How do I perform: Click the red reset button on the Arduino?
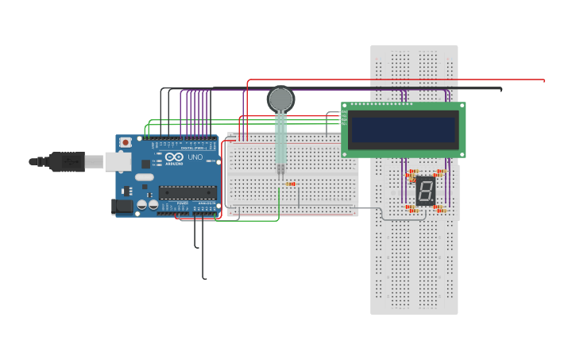click(x=125, y=142)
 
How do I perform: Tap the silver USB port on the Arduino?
click(x=118, y=161)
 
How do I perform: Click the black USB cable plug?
click(x=67, y=161)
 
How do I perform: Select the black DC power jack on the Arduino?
click(x=122, y=206)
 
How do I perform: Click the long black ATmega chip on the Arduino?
click(x=187, y=192)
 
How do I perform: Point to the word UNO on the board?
click(x=195, y=157)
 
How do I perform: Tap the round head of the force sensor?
click(x=280, y=99)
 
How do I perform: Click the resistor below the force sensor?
click(x=290, y=184)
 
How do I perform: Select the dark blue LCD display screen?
click(x=404, y=130)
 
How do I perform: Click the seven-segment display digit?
click(x=426, y=191)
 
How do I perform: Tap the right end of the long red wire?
click(x=543, y=80)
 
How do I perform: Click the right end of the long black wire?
click(x=501, y=89)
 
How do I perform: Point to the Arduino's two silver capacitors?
click(x=148, y=204)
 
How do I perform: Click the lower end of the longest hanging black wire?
click(x=205, y=278)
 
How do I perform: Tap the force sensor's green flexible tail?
click(x=280, y=139)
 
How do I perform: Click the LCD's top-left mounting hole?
click(x=345, y=106)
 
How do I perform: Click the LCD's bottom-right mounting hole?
click(x=462, y=153)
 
